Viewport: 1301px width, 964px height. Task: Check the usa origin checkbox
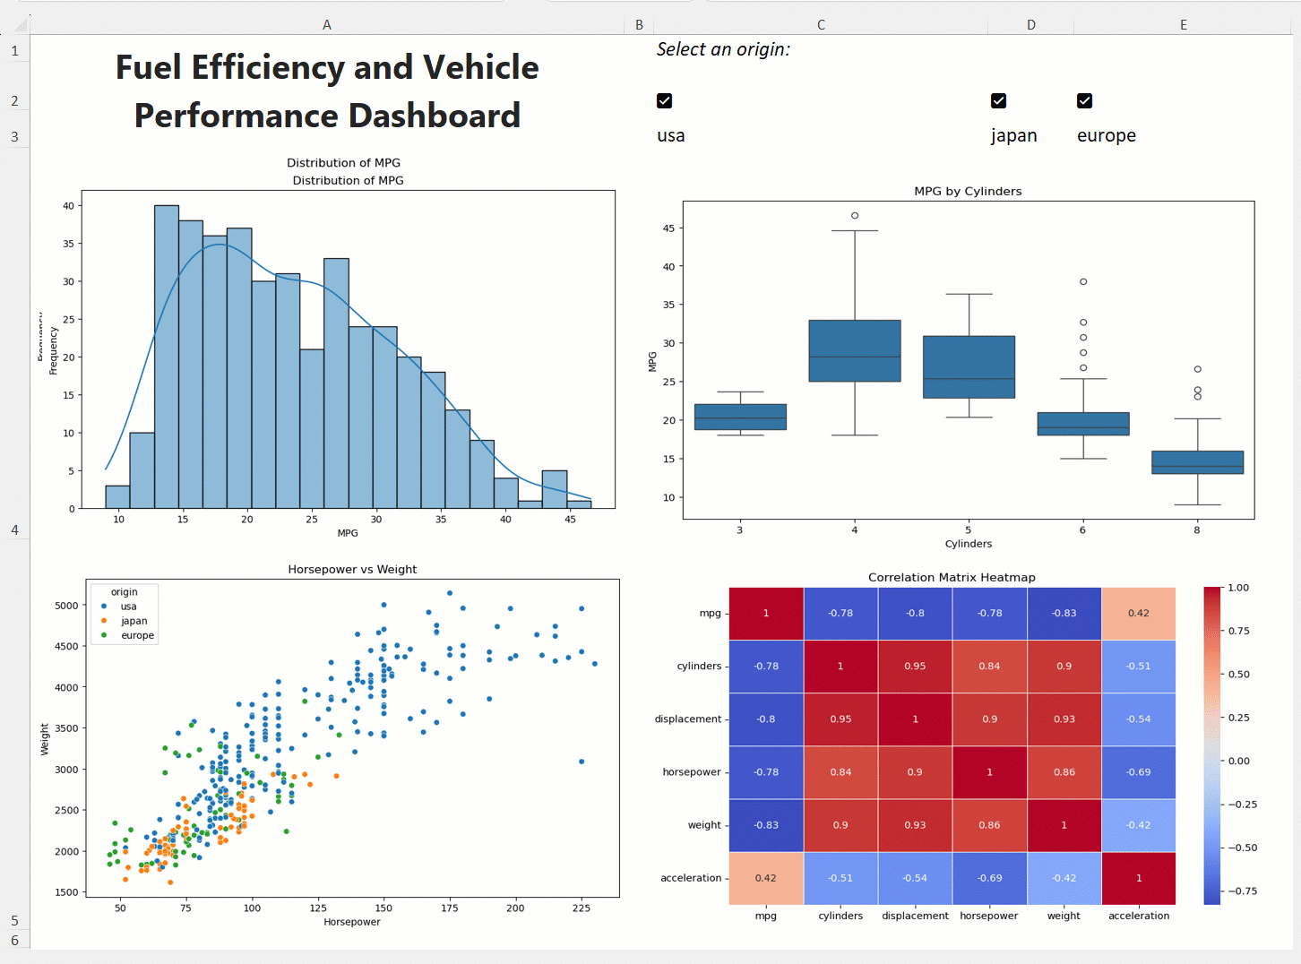point(664,100)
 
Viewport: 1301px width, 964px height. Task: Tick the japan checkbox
point(998,100)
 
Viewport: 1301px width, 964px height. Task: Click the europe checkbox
point(1084,100)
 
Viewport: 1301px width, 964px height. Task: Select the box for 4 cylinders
point(855,350)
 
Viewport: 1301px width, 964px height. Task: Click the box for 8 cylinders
point(1197,462)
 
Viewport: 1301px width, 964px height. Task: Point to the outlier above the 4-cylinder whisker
point(855,216)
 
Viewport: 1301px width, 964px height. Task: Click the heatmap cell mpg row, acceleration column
point(1138,614)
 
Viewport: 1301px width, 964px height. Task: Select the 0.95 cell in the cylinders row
point(915,667)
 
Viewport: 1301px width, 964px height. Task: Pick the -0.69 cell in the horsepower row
point(1138,772)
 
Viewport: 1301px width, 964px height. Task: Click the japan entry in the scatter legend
point(134,621)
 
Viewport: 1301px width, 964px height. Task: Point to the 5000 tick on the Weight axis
point(66,606)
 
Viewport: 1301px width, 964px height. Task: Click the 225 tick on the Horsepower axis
point(582,908)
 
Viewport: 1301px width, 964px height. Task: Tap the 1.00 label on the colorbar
point(1238,588)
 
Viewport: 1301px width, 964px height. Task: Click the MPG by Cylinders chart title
point(968,191)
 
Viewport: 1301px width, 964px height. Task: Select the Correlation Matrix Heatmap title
point(952,577)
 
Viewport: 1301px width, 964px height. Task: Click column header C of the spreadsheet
point(821,25)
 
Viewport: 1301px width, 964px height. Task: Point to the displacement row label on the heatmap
point(687,719)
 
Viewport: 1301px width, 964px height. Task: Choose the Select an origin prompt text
point(723,49)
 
